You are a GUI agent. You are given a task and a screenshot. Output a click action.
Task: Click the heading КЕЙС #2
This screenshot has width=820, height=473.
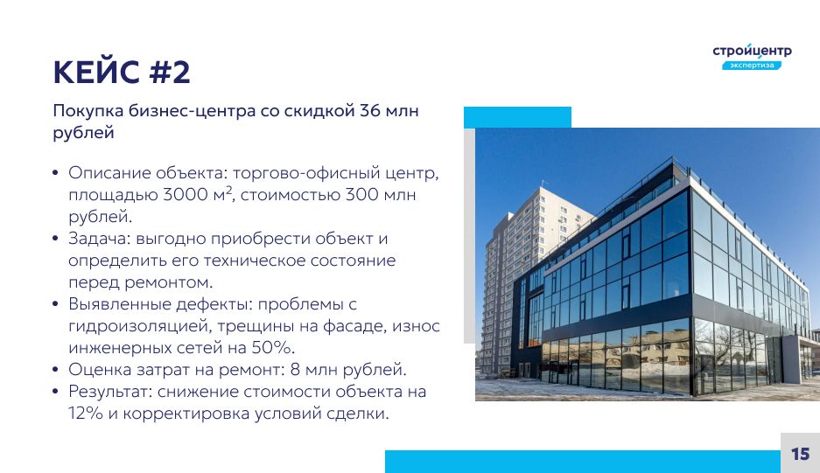[x=122, y=72]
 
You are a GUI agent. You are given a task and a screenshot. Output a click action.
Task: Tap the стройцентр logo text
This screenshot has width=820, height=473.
[x=752, y=51]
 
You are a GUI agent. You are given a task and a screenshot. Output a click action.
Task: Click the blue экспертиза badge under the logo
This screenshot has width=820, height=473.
[x=752, y=66]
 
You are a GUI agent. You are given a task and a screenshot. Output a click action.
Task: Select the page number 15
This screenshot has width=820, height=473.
[x=800, y=454]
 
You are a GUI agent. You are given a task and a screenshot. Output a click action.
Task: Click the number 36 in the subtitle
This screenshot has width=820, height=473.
[x=369, y=111]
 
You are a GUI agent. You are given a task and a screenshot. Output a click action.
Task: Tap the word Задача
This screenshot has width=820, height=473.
[x=99, y=239]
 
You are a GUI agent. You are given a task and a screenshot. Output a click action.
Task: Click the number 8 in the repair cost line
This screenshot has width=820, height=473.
[x=295, y=370]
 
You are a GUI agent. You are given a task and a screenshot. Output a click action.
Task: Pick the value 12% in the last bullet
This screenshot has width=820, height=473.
[x=86, y=414]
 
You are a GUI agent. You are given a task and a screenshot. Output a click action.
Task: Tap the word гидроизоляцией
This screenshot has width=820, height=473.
[x=138, y=326]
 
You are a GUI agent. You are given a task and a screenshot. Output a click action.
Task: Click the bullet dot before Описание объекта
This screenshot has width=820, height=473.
[x=55, y=173]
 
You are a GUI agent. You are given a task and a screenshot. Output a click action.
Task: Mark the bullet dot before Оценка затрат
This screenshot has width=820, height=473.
[x=55, y=370]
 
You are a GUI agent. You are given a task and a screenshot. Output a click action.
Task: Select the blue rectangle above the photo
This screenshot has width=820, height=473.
[x=517, y=117]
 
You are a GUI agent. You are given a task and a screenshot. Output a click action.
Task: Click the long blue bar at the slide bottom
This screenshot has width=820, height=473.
[x=583, y=462]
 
